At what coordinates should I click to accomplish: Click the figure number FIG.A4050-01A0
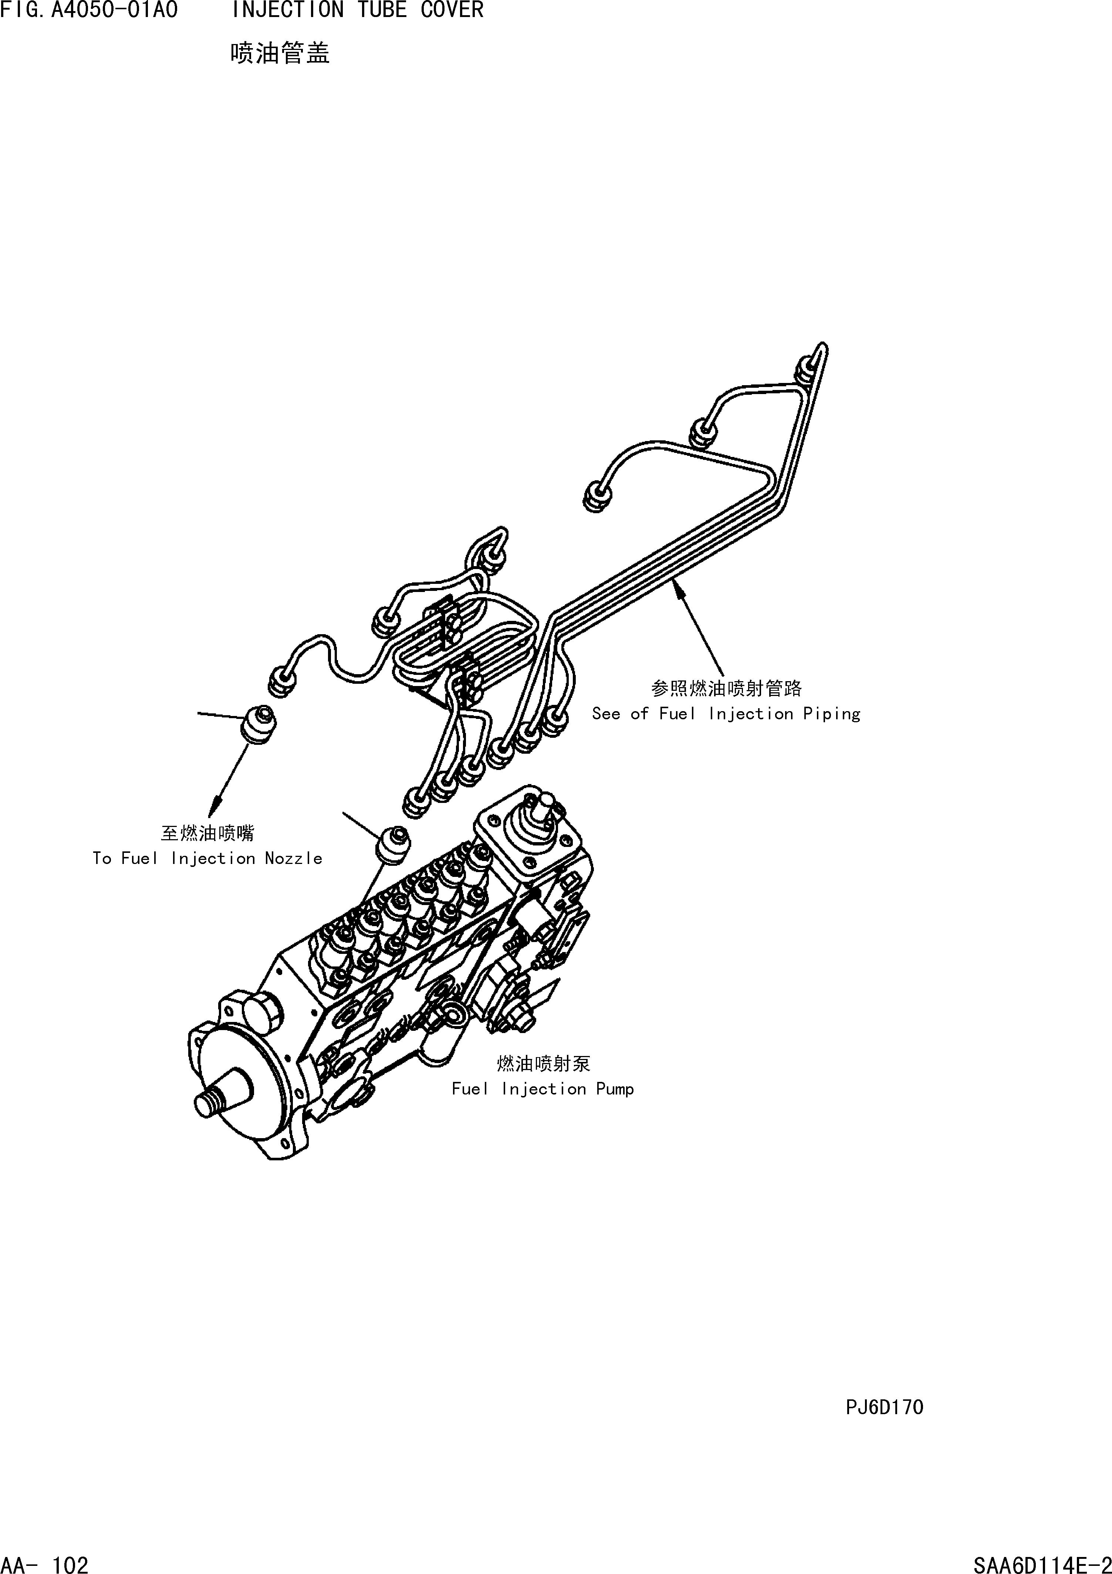89,10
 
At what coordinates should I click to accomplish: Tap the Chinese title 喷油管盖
280,53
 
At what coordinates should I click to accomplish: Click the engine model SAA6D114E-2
1041,1560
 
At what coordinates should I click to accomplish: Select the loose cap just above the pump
392,843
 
